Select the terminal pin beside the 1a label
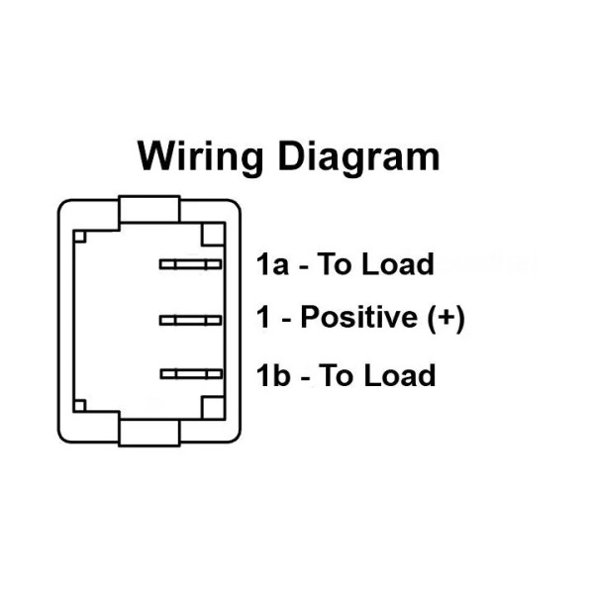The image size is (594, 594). pyautogui.click(x=190, y=264)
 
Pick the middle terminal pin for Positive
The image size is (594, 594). pyautogui.click(x=190, y=319)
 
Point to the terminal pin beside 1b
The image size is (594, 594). pyautogui.click(x=190, y=373)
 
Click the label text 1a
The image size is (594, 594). pyautogui.click(x=273, y=264)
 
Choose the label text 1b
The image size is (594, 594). pyautogui.click(x=273, y=375)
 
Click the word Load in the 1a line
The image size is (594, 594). pyautogui.click(x=398, y=264)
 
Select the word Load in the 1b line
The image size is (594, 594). pyautogui.click(x=398, y=375)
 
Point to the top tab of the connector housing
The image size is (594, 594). pyautogui.click(x=149, y=209)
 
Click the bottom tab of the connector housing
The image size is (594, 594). pyautogui.click(x=149, y=431)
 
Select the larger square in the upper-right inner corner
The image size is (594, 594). pyautogui.click(x=213, y=236)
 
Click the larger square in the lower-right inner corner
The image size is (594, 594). pyautogui.click(x=213, y=404)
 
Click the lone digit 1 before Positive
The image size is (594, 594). pyautogui.click(x=263, y=319)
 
